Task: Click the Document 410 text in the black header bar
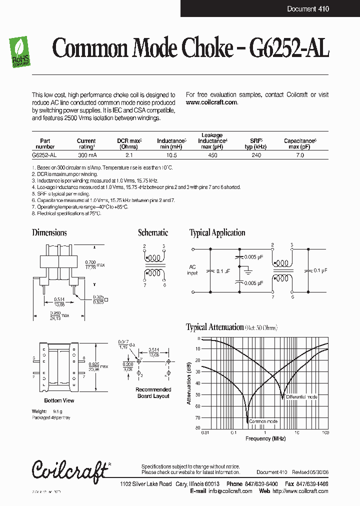click(x=308, y=9)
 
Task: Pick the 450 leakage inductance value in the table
click(x=212, y=155)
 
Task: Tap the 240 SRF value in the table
click(x=256, y=155)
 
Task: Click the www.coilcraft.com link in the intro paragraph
click(x=211, y=102)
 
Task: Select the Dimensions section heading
click(x=49, y=232)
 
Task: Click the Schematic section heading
click(x=153, y=232)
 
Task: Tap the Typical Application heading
click(x=217, y=232)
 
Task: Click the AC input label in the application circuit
click(x=193, y=270)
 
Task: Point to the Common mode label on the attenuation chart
click(x=262, y=421)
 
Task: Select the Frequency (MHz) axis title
click(x=265, y=438)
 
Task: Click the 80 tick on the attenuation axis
click(x=198, y=428)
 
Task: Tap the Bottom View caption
click(x=59, y=400)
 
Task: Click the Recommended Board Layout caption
click(x=153, y=392)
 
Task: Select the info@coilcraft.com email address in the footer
click(x=230, y=491)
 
